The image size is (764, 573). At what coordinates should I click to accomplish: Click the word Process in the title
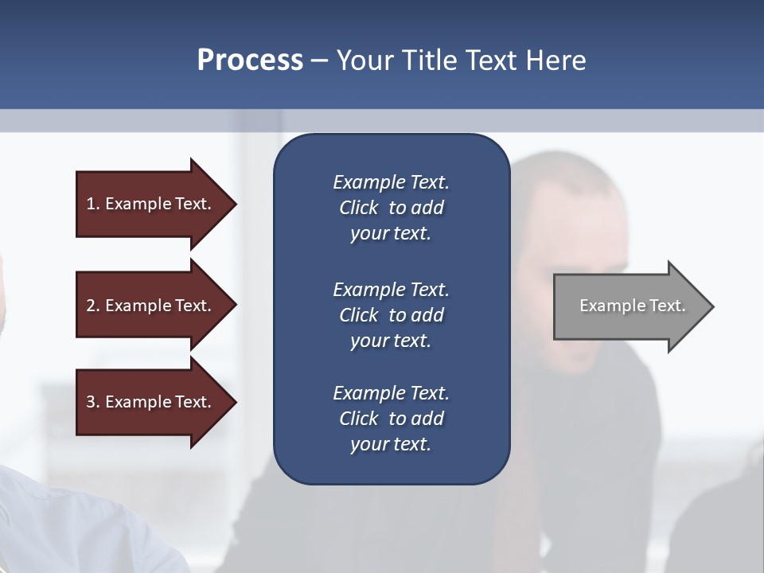pos(250,60)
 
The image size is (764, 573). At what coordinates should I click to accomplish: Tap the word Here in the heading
pos(555,60)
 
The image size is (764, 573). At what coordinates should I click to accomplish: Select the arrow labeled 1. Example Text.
pos(151,204)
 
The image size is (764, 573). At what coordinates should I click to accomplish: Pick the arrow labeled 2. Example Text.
pos(151,306)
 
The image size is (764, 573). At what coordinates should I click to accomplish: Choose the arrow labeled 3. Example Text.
pos(151,402)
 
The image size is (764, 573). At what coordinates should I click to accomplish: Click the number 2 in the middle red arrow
pos(91,306)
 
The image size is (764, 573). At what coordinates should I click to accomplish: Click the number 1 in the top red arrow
pos(91,204)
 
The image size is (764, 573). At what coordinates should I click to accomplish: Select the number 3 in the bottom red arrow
pos(91,402)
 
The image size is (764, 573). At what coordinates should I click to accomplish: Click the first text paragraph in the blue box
pos(391,208)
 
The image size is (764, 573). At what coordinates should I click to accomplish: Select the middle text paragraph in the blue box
pos(391,315)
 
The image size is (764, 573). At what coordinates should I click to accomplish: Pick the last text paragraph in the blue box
pos(391,419)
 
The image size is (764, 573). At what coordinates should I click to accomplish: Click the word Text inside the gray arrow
pos(667,306)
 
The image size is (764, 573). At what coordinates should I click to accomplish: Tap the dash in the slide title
pos(319,60)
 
